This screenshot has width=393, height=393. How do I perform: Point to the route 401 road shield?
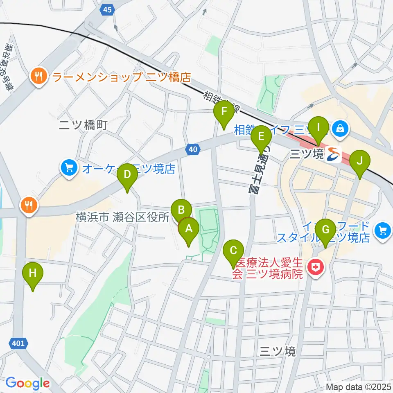[x=18, y=342]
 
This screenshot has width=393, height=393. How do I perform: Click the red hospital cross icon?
[x=316, y=268]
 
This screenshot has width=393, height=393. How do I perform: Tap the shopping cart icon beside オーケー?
[x=69, y=168]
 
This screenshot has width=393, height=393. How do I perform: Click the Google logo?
[x=27, y=383]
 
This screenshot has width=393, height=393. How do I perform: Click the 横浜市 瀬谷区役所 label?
[x=122, y=217]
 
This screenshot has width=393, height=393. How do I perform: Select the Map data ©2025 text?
[x=358, y=386]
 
